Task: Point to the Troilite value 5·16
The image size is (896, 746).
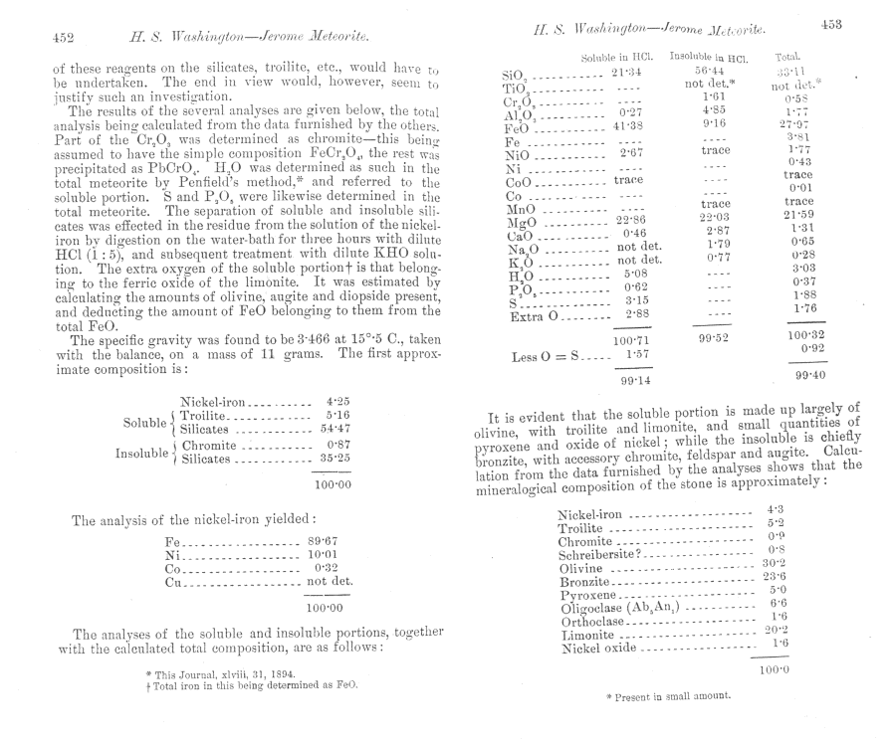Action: [336, 413]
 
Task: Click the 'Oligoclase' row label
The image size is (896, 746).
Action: [592, 606]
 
